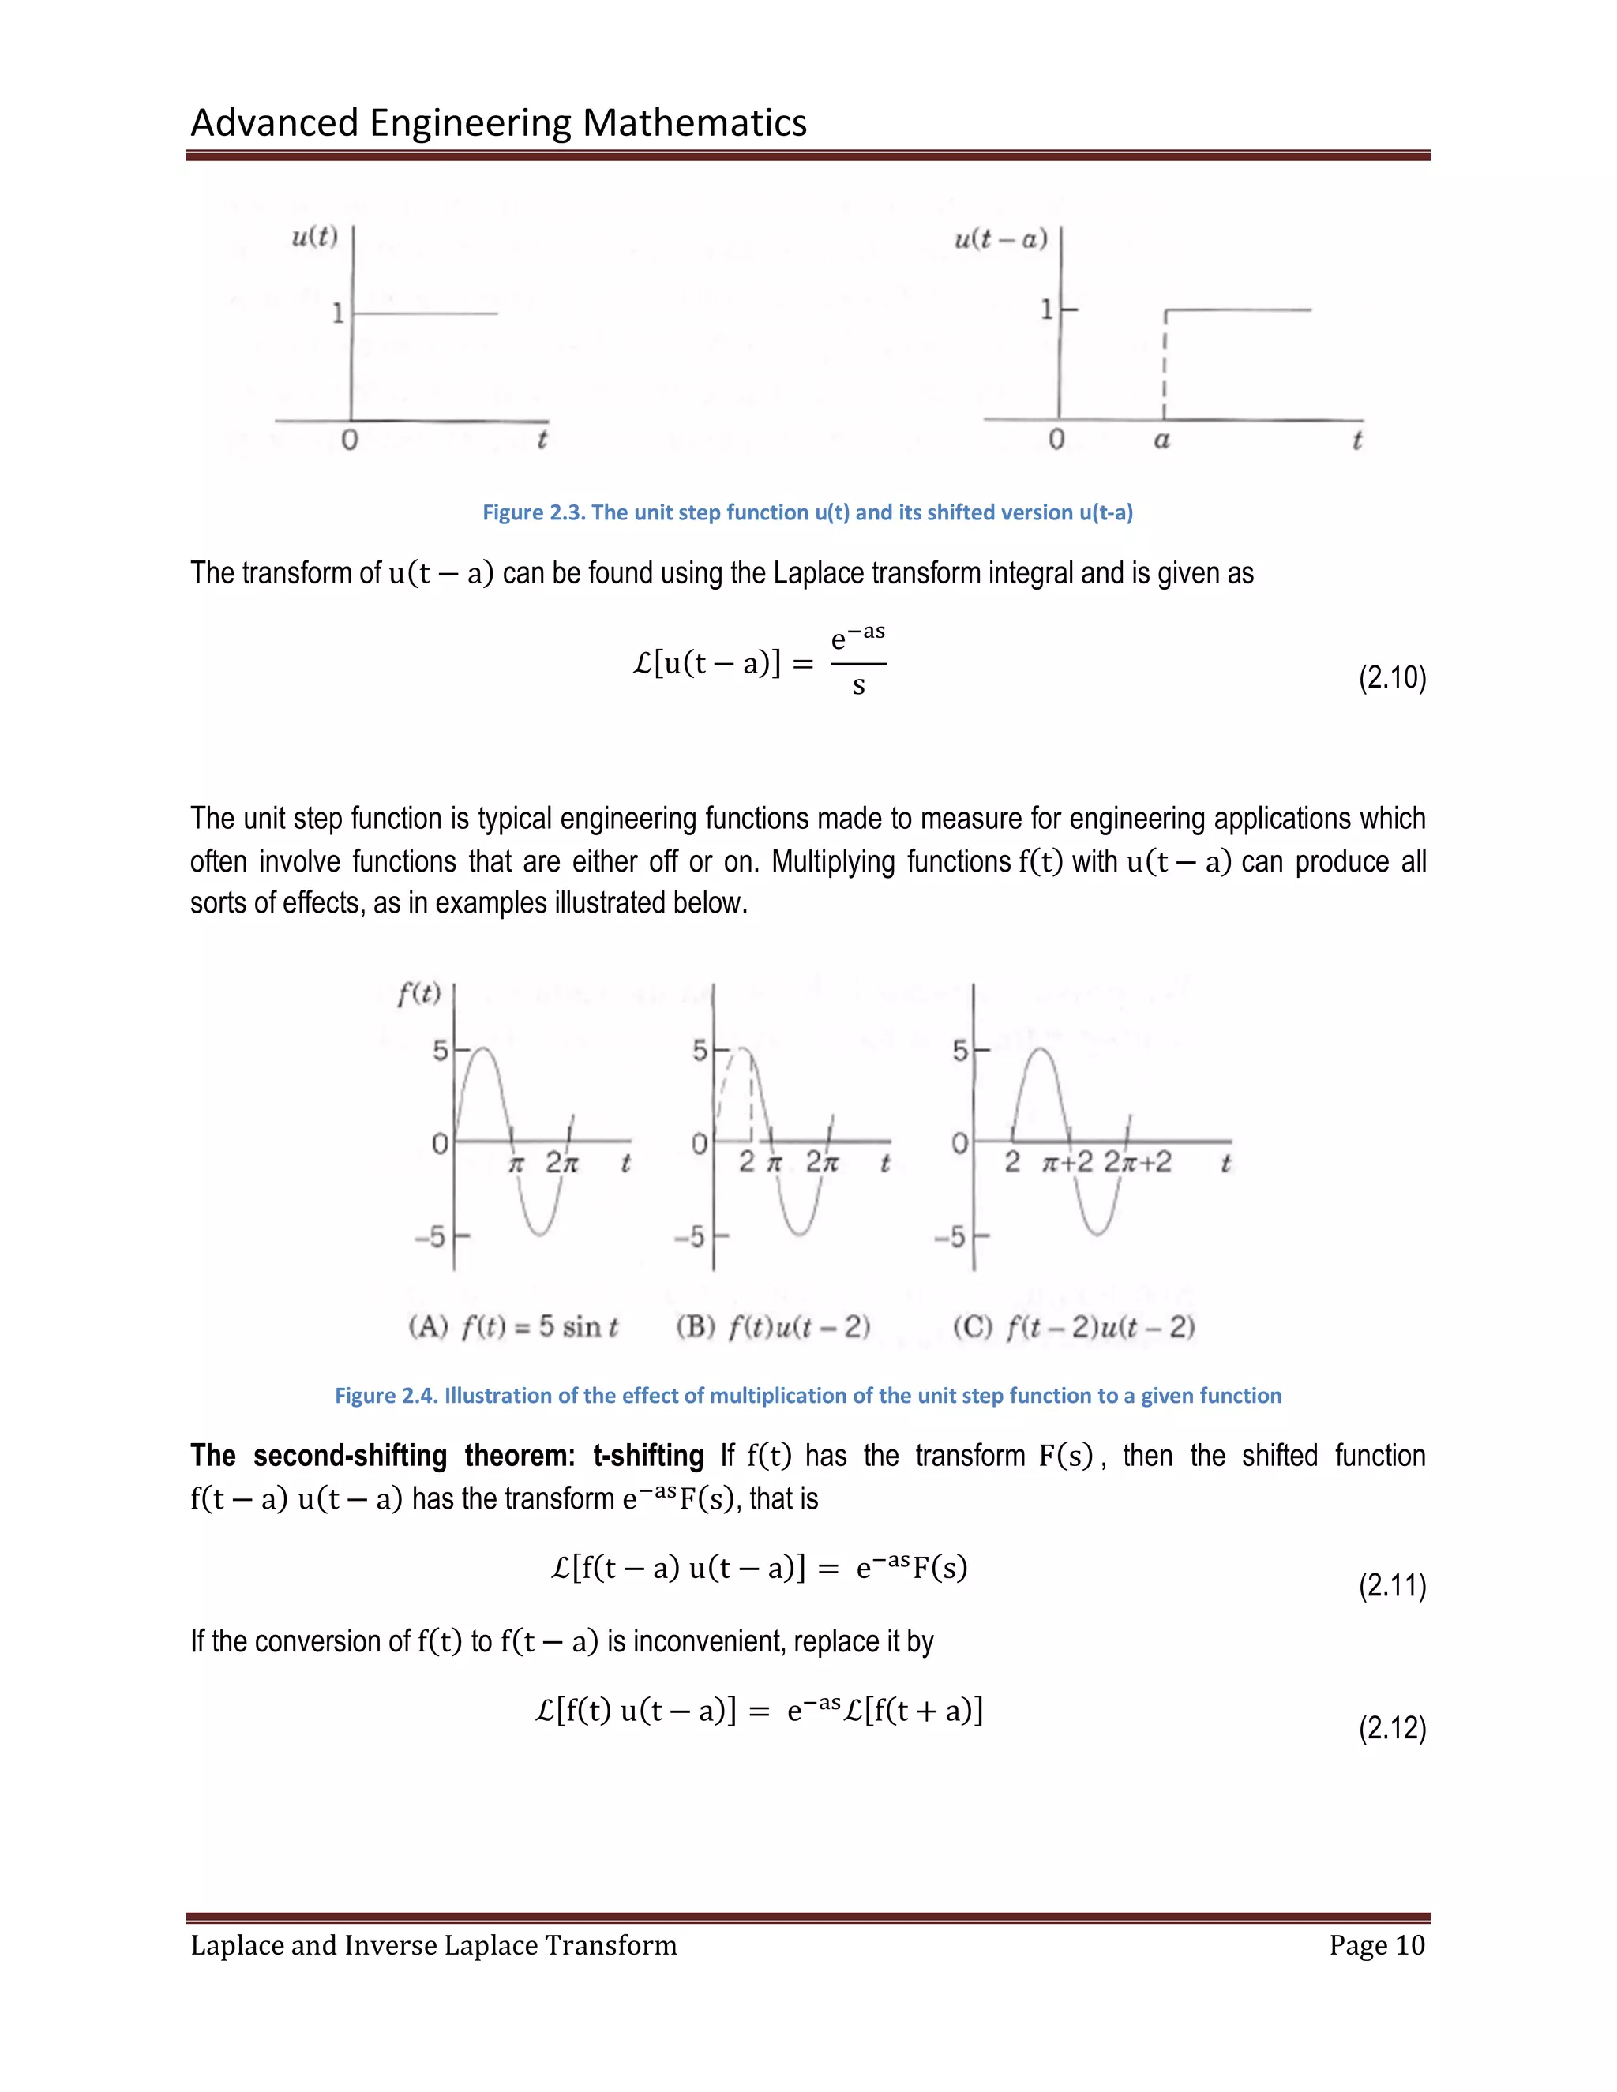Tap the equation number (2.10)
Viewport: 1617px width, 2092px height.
[x=1392, y=677]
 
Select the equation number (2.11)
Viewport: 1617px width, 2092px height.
[x=1392, y=1585]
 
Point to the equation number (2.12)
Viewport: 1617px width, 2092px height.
[x=1392, y=1728]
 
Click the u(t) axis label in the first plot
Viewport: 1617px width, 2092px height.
[x=314, y=237]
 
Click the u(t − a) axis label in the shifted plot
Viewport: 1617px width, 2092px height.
[x=1000, y=238]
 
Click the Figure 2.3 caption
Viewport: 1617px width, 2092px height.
[x=807, y=512]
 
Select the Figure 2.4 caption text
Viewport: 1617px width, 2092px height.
[x=807, y=1396]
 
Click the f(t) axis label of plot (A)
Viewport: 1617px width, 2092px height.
[x=418, y=994]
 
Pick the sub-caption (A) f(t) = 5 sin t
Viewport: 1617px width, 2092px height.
[x=512, y=1327]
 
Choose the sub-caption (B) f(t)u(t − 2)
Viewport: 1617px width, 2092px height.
[x=772, y=1327]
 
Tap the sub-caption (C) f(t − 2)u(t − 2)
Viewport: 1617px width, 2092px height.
[x=1073, y=1327]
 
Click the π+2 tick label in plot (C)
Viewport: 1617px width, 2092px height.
[x=1066, y=1163]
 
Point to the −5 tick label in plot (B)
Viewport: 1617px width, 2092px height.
[x=690, y=1236]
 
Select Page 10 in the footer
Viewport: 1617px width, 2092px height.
[x=1376, y=1945]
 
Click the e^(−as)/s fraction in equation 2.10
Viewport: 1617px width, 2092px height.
[x=858, y=661]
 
